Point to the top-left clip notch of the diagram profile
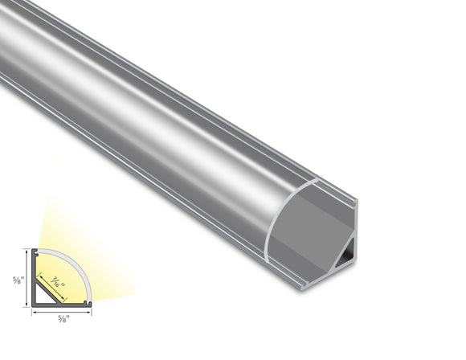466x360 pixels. point(37,252)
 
